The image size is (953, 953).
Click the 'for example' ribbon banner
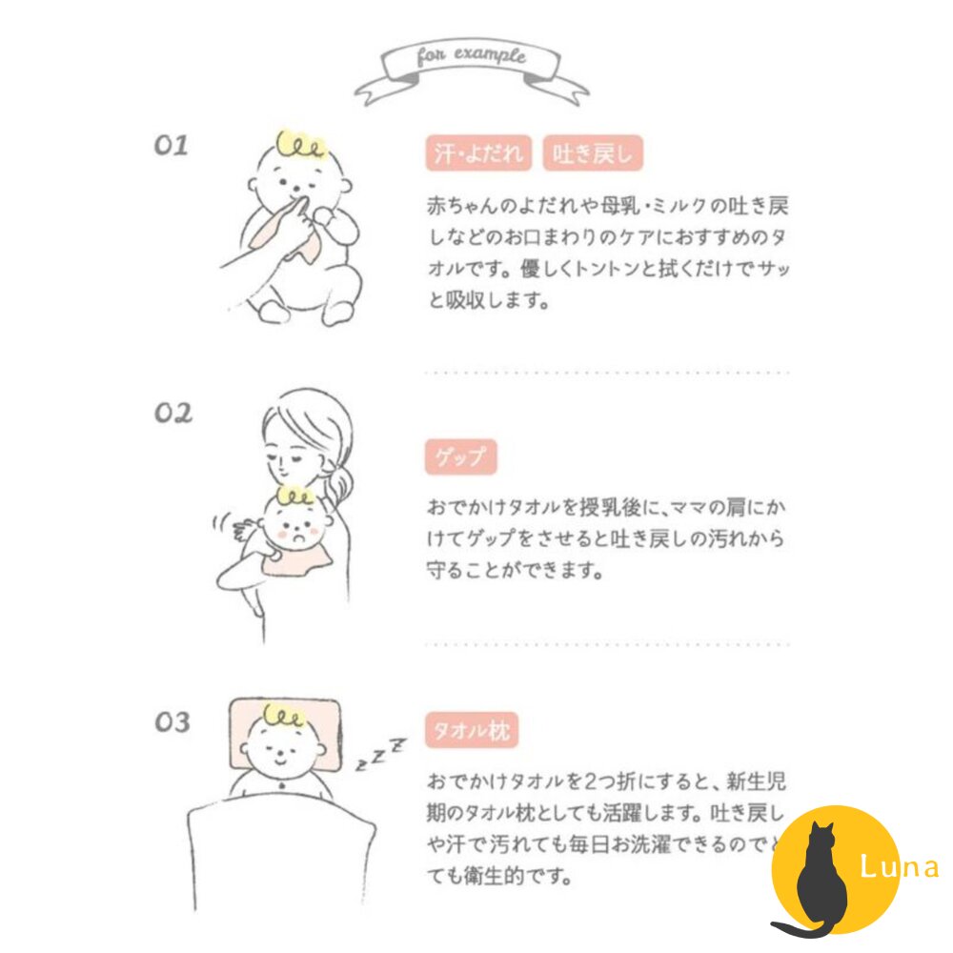point(471,62)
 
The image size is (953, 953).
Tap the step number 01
point(172,146)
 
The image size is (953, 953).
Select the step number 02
point(172,413)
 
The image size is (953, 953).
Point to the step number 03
point(172,721)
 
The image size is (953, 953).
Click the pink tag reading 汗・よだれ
point(478,154)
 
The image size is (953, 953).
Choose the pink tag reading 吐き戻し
point(593,154)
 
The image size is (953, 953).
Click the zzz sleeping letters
point(380,753)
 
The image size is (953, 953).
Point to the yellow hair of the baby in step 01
point(300,145)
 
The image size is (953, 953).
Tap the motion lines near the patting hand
point(221,527)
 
